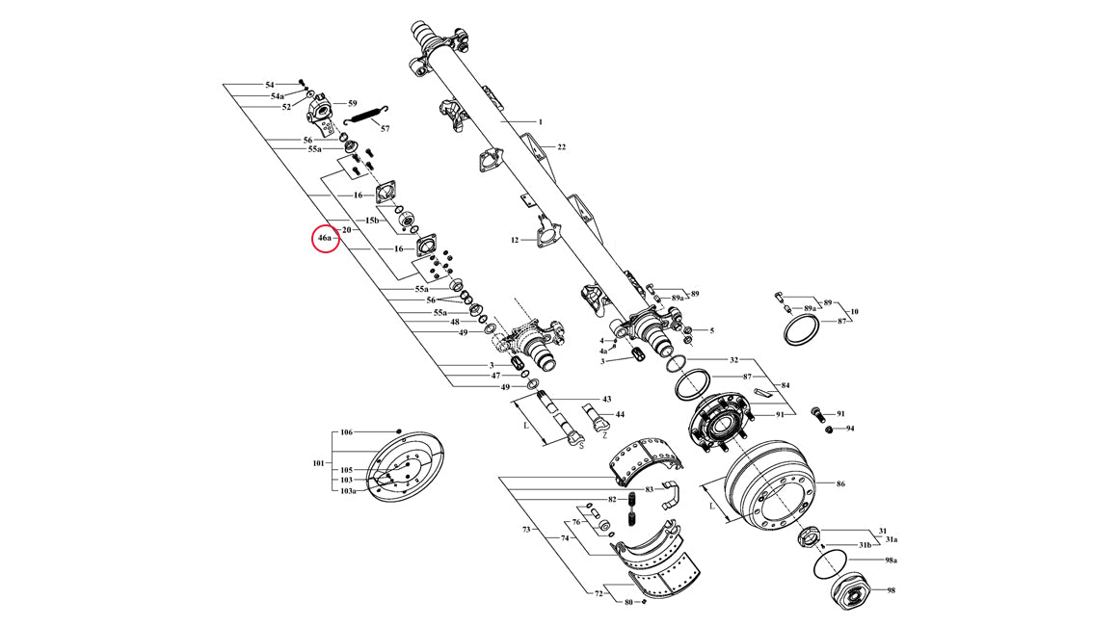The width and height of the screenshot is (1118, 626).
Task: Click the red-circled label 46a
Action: click(325, 238)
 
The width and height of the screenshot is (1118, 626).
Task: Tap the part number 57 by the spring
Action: click(385, 129)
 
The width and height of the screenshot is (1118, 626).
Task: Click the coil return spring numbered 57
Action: click(366, 114)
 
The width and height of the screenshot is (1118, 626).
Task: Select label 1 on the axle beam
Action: click(540, 121)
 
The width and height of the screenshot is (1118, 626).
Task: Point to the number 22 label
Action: click(561, 147)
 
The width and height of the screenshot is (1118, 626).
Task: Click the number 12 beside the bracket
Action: click(515, 240)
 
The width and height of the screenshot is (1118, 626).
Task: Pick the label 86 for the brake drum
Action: click(839, 484)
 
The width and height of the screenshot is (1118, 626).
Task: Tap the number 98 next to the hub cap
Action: click(891, 590)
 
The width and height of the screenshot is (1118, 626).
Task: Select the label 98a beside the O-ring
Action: click(891, 561)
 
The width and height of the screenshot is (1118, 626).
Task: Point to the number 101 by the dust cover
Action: click(318, 463)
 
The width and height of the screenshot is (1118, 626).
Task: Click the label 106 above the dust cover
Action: click(346, 432)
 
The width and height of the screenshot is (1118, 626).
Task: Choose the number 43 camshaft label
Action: click(607, 400)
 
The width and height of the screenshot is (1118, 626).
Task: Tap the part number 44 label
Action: click(620, 414)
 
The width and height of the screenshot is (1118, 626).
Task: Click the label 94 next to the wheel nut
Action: click(850, 429)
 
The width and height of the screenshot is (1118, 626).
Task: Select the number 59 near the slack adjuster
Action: click(352, 103)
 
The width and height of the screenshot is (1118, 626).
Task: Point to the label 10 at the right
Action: click(854, 312)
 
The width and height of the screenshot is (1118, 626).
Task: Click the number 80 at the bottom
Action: click(628, 603)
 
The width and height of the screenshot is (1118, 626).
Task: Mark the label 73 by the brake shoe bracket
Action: click(526, 530)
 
